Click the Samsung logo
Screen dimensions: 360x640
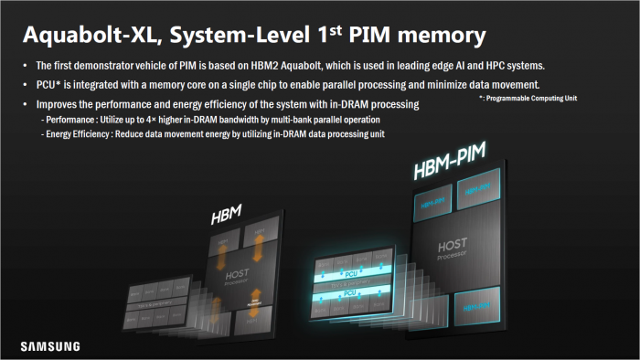point(51,346)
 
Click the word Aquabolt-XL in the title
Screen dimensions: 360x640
point(84,37)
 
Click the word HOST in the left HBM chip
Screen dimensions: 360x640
point(237,263)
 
